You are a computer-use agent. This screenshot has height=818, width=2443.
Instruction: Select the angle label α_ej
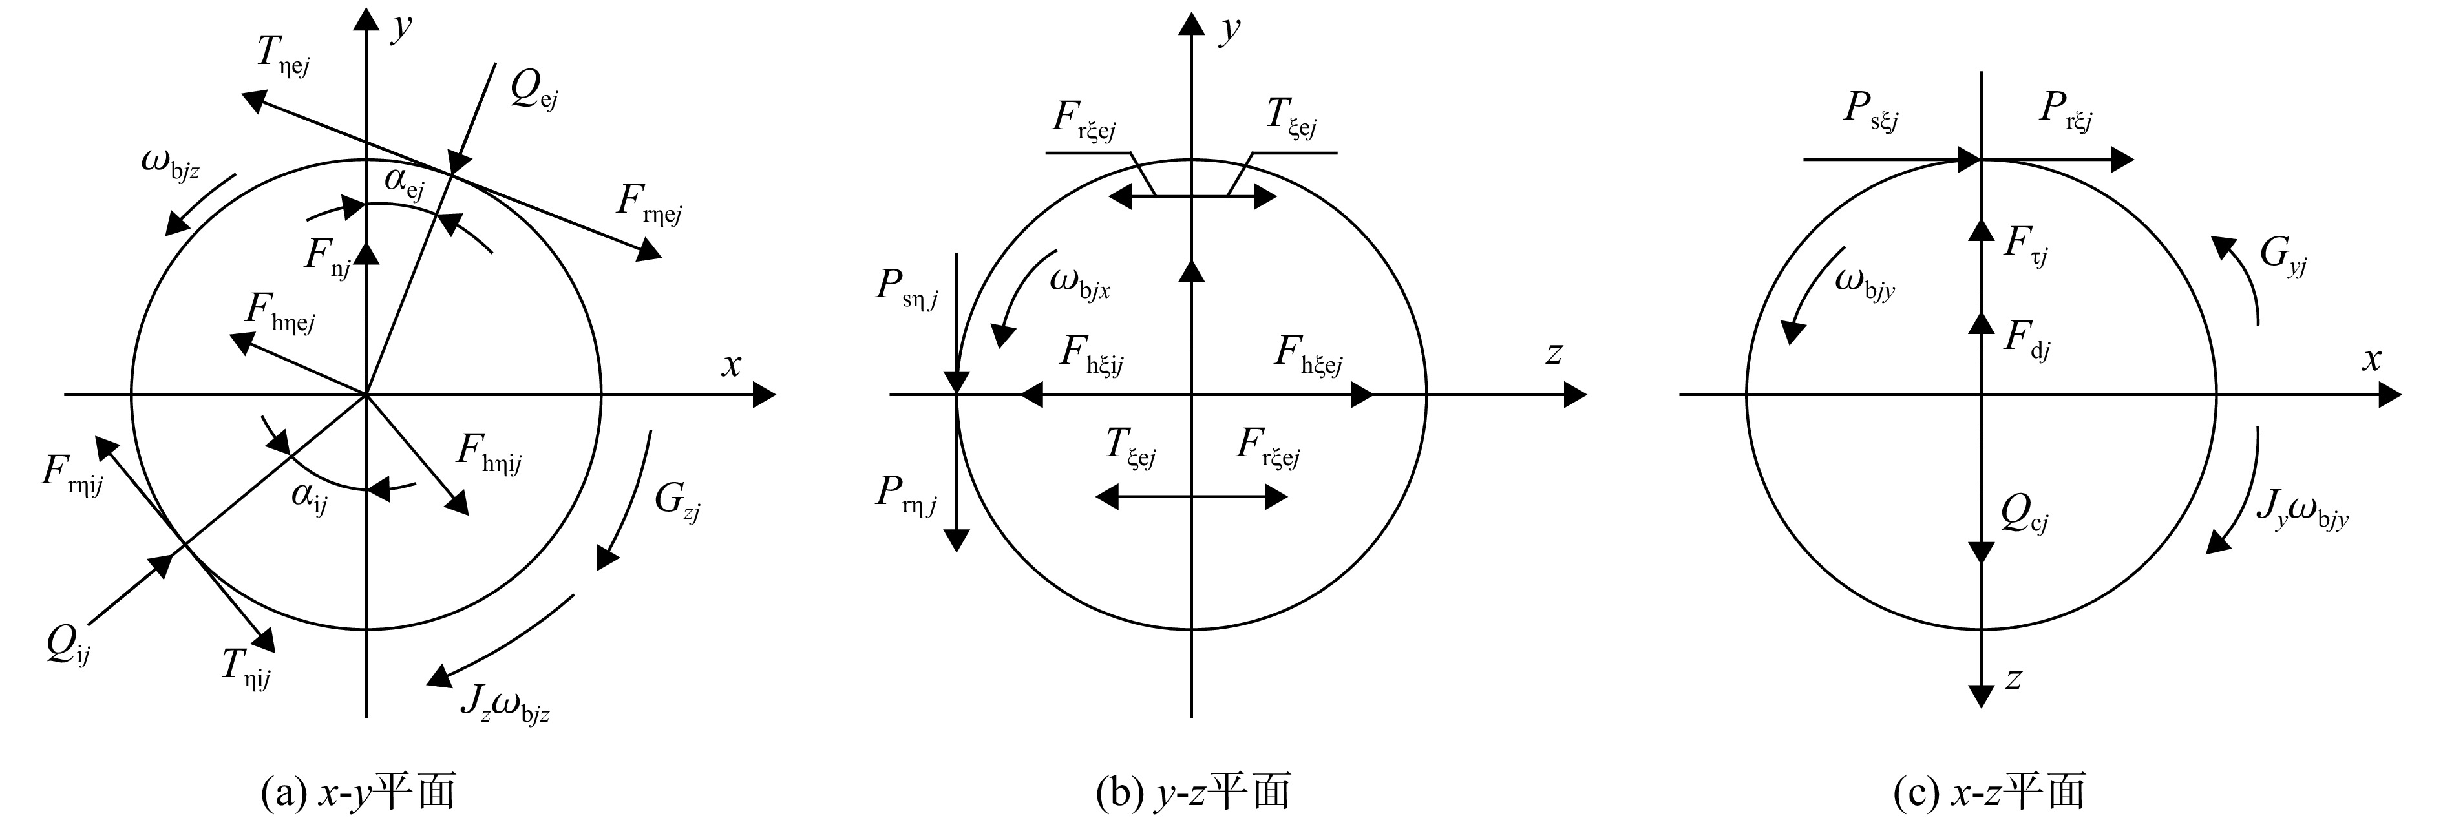(404, 184)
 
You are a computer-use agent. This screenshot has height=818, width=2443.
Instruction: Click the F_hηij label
(489, 453)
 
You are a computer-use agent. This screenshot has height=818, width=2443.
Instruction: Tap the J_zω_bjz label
(505, 704)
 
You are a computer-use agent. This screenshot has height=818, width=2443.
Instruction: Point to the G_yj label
(2283, 258)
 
